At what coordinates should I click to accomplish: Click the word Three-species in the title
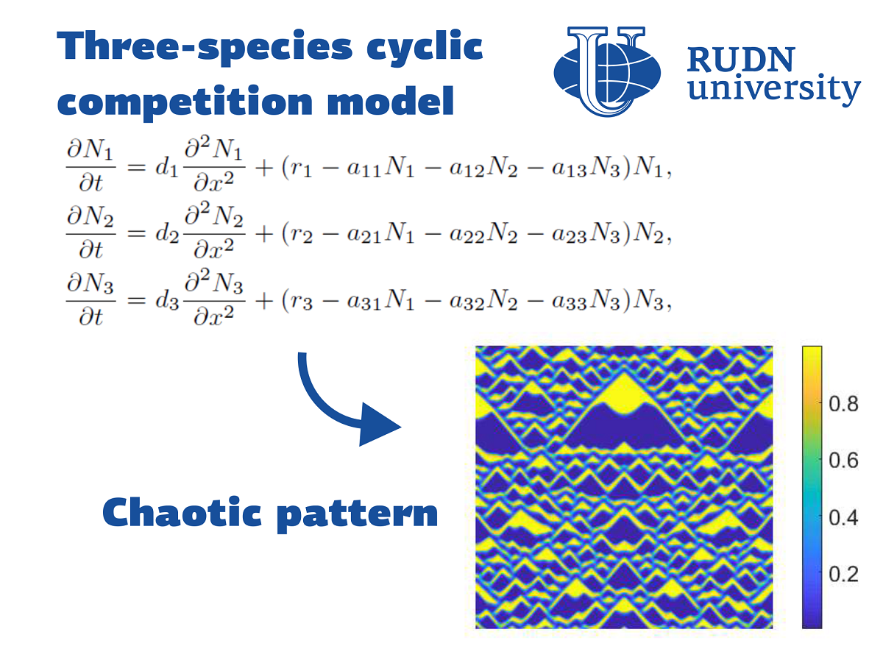click(x=205, y=47)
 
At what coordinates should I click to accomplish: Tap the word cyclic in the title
click(x=425, y=48)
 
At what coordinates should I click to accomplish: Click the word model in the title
click(x=391, y=101)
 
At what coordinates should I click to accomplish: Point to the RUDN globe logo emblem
click(x=607, y=71)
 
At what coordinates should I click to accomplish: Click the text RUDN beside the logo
click(x=741, y=60)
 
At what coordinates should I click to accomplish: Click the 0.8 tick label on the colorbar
click(x=843, y=404)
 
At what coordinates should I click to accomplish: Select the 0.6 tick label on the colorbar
click(x=843, y=461)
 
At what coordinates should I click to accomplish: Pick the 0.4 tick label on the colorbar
click(x=843, y=517)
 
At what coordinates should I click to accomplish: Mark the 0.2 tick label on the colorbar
click(x=843, y=574)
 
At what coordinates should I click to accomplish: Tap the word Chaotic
click(x=182, y=512)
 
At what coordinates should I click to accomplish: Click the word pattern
click(x=357, y=515)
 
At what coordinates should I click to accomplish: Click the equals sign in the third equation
click(x=136, y=300)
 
